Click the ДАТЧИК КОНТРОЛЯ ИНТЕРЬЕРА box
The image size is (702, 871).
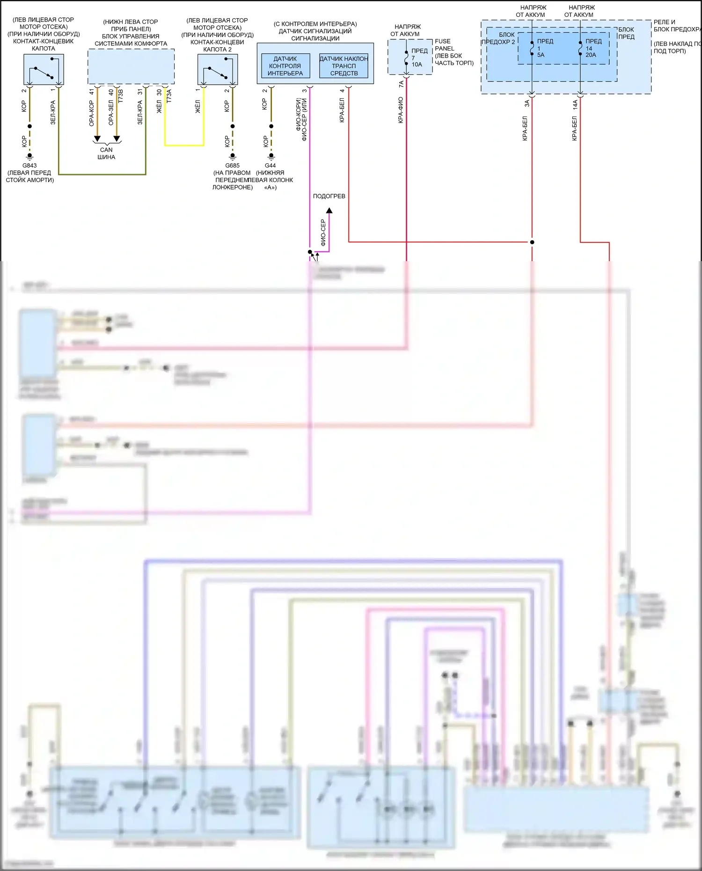tap(285, 66)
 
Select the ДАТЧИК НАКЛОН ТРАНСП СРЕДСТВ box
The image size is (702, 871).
tap(344, 66)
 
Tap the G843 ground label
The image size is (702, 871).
tap(29, 166)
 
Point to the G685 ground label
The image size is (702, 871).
tap(232, 166)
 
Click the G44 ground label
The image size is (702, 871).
tap(271, 166)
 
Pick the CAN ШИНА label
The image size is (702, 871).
tap(106, 154)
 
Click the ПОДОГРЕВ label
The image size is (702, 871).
tap(329, 196)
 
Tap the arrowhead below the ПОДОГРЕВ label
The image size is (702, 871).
tap(329, 211)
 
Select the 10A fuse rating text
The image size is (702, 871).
tap(417, 65)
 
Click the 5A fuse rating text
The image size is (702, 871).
tap(541, 55)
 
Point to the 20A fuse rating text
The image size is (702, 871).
tap(591, 55)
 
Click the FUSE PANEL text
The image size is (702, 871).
tap(443, 45)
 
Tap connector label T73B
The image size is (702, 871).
tap(120, 95)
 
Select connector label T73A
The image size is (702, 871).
tap(169, 95)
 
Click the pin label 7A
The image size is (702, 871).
tap(401, 84)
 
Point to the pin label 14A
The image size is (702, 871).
tap(575, 104)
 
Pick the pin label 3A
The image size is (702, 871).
tap(527, 103)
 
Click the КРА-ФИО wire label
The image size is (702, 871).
tap(401, 110)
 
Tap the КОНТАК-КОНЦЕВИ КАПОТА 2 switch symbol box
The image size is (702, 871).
tap(218, 69)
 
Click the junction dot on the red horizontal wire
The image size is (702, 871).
tap(532, 242)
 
